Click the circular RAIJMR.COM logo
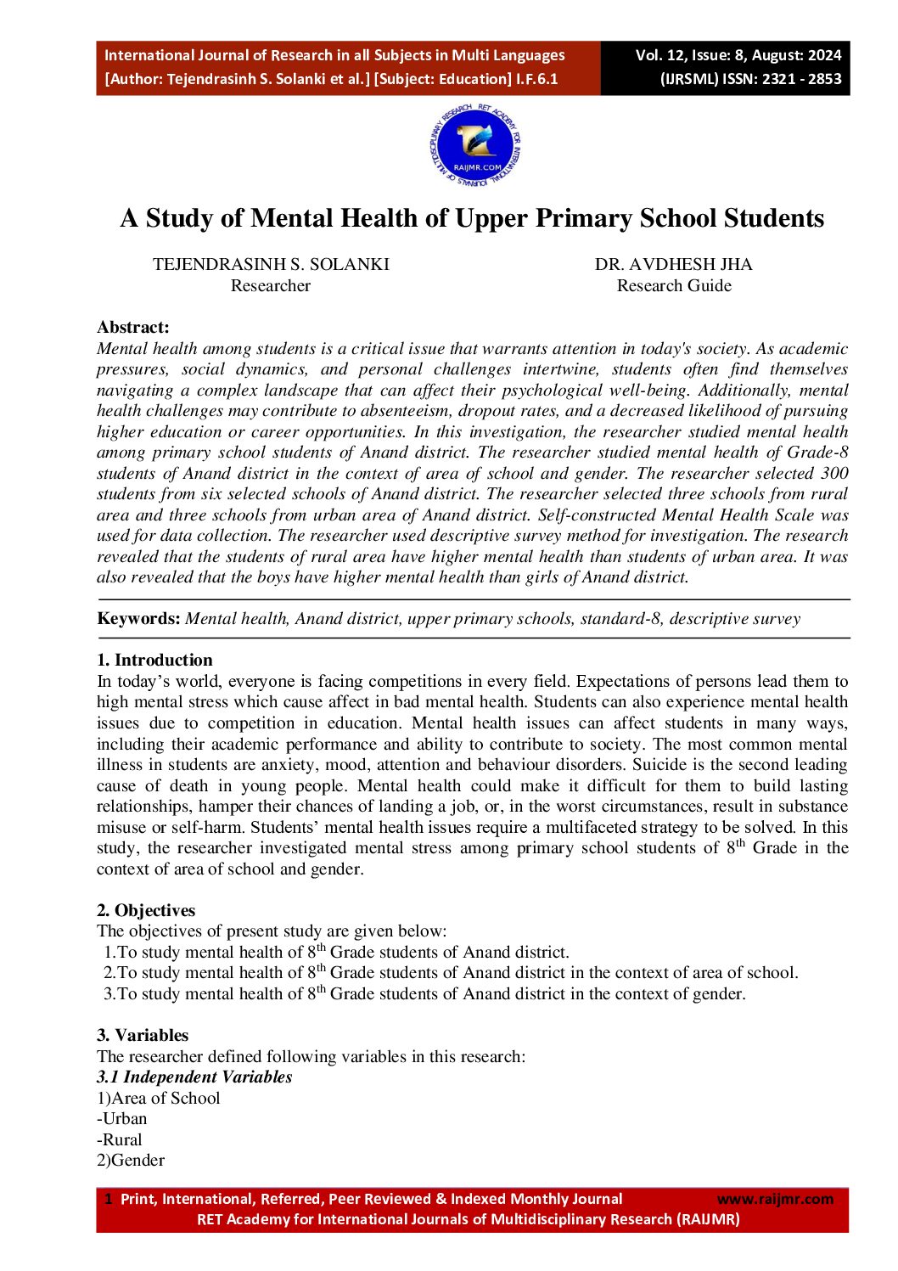click(x=474, y=146)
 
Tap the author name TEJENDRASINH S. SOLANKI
click(x=271, y=264)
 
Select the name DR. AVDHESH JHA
click(x=673, y=264)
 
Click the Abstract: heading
click(x=133, y=327)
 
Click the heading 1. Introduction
click(x=154, y=660)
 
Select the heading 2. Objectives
click(x=146, y=910)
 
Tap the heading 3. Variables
click(x=143, y=1035)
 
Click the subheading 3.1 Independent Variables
click(x=194, y=1077)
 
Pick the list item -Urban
click(x=122, y=1118)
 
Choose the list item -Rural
click(x=120, y=1139)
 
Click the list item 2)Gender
click(x=131, y=1160)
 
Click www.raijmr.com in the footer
click(x=775, y=1199)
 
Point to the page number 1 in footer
click(x=108, y=1199)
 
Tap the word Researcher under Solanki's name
click(x=271, y=285)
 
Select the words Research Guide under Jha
click(x=674, y=285)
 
